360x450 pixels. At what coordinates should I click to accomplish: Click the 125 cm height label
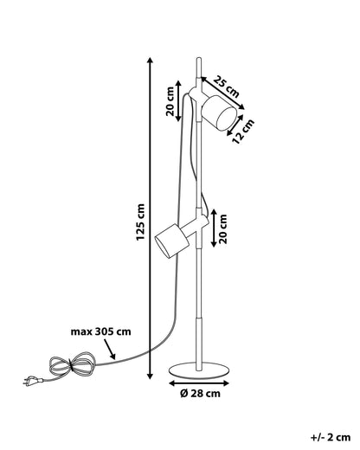pyautogui.click(x=140, y=222)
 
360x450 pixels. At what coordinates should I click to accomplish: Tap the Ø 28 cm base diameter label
pyautogui.click(x=200, y=393)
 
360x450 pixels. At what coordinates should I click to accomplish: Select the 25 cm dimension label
pyautogui.click(x=227, y=87)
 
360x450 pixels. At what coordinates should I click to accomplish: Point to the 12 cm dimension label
pyautogui.click(x=243, y=132)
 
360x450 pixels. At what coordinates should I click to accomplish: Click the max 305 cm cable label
pyautogui.click(x=100, y=331)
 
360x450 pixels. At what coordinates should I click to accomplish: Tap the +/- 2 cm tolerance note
pyautogui.click(x=331, y=437)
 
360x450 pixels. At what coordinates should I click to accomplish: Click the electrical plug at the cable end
pyautogui.click(x=33, y=381)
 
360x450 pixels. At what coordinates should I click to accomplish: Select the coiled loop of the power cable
pyautogui.click(x=72, y=364)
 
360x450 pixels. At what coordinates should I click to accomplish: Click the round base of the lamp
pyautogui.click(x=199, y=370)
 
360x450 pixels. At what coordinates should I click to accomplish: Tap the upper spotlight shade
pyautogui.click(x=218, y=113)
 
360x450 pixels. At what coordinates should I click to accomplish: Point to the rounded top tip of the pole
pyautogui.click(x=199, y=60)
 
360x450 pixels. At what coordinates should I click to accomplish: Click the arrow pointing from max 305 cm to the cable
pyautogui.click(x=110, y=350)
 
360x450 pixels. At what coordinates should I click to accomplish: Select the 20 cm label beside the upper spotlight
pyautogui.click(x=170, y=101)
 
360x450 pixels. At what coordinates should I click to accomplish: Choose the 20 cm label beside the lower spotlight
pyautogui.click(x=223, y=228)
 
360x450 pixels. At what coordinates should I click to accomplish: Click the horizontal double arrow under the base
pyautogui.click(x=199, y=383)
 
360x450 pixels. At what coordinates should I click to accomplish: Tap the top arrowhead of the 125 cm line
pyautogui.click(x=150, y=61)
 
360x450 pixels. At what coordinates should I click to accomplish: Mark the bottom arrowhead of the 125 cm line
pyautogui.click(x=150, y=376)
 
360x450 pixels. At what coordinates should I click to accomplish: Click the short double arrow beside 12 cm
pyautogui.click(x=235, y=125)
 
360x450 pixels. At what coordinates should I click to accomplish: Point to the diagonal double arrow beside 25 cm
pyautogui.click(x=222, y=93)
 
